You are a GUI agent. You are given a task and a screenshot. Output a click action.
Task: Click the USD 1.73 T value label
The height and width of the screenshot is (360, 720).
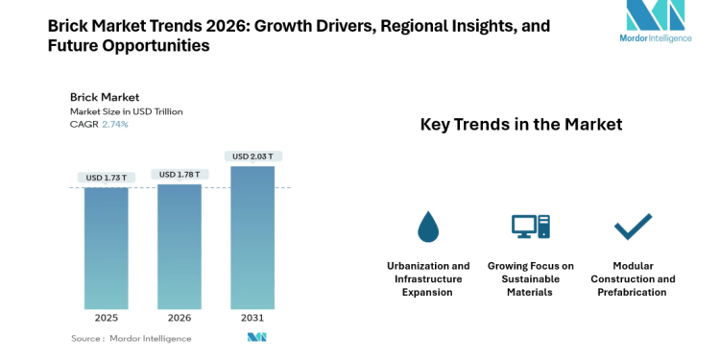pyautogui.click(x=106, y=178)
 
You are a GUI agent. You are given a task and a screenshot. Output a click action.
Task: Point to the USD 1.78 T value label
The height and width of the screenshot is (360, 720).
pyautogui.click(x=179, y=174)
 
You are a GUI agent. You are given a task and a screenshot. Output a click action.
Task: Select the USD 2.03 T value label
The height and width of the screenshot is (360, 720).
pyautogui.click(x=252, y=156)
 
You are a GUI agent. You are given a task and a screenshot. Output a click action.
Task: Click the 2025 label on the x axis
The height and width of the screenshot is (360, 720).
pyautogui.click(x=106, y=318)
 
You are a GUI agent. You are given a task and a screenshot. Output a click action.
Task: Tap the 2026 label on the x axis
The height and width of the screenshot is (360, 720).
pyautogui.click(x=179, y=318)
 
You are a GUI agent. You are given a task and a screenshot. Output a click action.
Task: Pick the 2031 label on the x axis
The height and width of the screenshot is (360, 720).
pyautogui.click(x=252, y=318)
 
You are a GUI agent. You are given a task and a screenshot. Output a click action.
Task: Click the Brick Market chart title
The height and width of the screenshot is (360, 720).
pyautogui.click(x=105, y=97)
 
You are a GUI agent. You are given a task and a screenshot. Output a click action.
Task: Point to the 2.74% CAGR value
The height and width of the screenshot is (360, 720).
pyautogui.click(x=114, y=125)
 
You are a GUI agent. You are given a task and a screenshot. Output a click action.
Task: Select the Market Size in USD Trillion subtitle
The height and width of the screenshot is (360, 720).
pyautogui.click(x=126, y=111)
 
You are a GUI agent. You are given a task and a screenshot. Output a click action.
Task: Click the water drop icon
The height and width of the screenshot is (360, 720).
pyautogui.click(x=427, y=227)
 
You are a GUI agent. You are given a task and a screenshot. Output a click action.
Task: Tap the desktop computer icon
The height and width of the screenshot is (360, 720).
pyautogui.click(x=530, y=227)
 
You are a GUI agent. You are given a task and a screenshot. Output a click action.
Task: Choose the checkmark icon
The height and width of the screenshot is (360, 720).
pyautogui.click(x=632, y=227)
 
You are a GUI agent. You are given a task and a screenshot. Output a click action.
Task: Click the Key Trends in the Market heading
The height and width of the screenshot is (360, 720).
pyautogui.click(x=521, y=125)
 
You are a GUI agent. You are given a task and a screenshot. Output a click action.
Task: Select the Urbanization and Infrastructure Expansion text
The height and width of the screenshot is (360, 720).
pyautogui.click(x=428, y=278)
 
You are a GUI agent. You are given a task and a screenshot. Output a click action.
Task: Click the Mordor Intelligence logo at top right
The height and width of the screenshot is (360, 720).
pyautogui.click(x=656, y=23)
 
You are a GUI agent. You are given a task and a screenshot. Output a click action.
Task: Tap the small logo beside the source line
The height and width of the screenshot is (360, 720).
pyautogui.click(x=256, y=338)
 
